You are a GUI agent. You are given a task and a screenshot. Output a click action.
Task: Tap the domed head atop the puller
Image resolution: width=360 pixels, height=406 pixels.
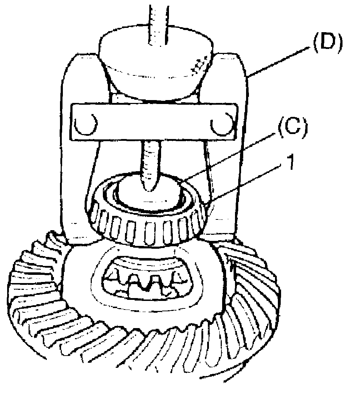pyautogui.click(x=157, y=61)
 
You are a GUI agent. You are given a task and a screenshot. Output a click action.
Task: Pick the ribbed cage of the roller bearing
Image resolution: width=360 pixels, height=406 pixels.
pyautogui.click(x=146, y=229)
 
